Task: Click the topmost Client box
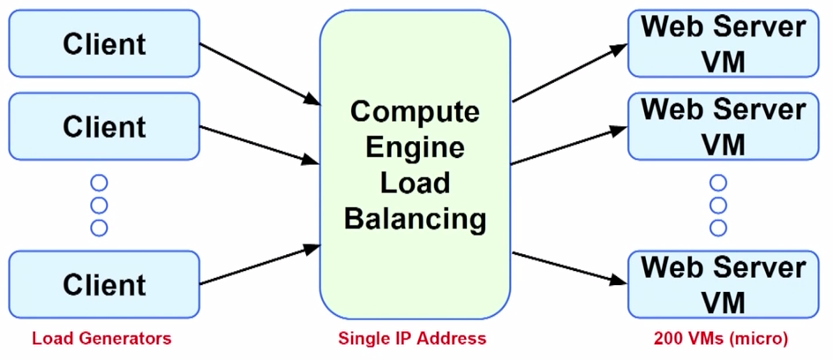pos(104,43)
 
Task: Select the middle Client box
pos(104,126)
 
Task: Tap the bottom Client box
pos(104,284)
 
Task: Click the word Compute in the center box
pos(415,112)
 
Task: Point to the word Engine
pos(415,147)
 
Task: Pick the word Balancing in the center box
pos(415,218)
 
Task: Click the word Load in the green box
pos(415,183)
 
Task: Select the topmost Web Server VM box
pos(724,43)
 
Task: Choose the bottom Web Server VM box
pos(724,284)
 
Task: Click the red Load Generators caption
pos(101,339)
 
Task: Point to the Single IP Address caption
pos(412,339)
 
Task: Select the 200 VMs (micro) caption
pos(721,339)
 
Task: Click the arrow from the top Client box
pos(259,71)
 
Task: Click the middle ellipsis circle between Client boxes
pos(99,206)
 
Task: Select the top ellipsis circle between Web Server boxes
pos(718,184)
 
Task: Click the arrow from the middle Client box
pos(259,145)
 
